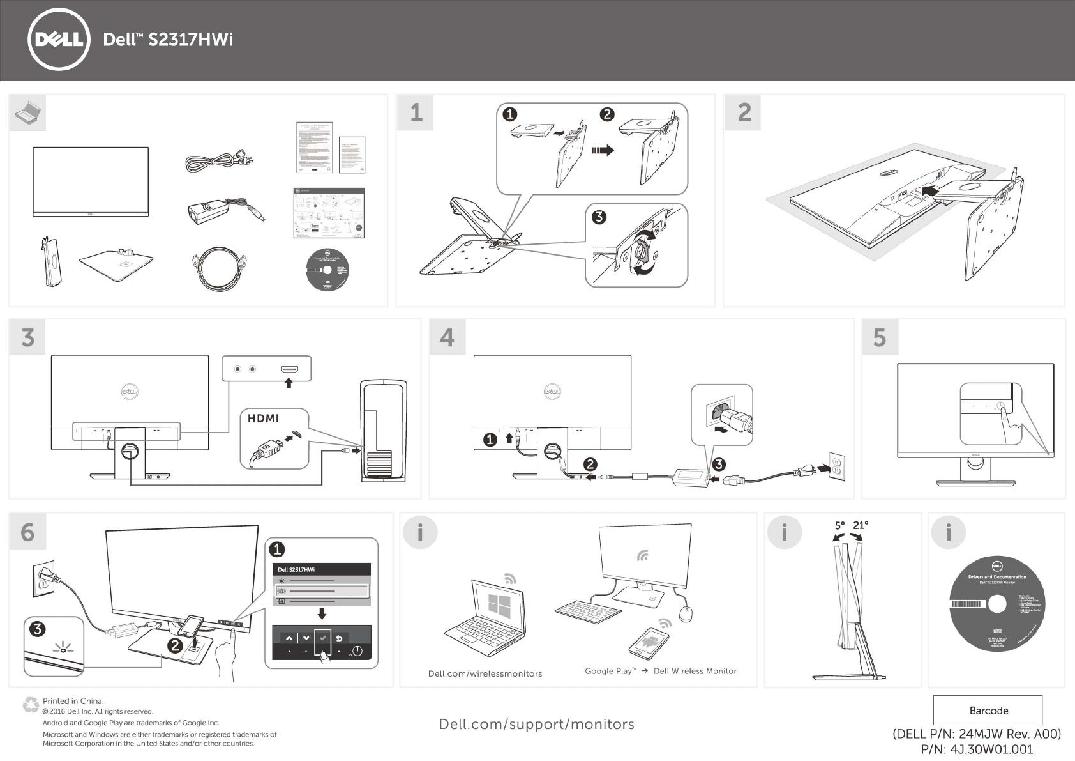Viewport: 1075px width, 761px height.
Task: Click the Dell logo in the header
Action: tap(59, 40)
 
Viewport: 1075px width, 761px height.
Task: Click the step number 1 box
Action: tap(416, 113)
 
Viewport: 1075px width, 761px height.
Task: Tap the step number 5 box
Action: tap(880, 337)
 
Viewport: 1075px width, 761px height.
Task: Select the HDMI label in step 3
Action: tap(263, 419)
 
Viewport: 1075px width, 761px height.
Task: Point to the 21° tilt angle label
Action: tap(861, 525)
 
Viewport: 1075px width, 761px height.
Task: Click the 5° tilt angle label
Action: tap(839, 525)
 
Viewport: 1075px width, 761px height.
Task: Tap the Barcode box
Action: tap(988, 711)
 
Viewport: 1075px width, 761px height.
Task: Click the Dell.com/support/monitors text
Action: tap(536, 724)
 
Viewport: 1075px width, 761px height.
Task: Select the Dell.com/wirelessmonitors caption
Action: tap(485, 673)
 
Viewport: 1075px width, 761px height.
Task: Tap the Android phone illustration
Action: tap(649, 642)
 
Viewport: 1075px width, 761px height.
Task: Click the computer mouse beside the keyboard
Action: tap(686, 614)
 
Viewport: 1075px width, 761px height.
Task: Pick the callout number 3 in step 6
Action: tap(37, 629)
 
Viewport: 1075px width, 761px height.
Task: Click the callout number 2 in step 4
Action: tap(590, 465)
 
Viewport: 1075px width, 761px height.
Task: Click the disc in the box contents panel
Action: tap(327, 269)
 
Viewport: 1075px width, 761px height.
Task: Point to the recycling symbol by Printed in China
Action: tap(30, 705)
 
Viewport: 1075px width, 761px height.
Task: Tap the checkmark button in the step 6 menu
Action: tap(323, 638)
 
